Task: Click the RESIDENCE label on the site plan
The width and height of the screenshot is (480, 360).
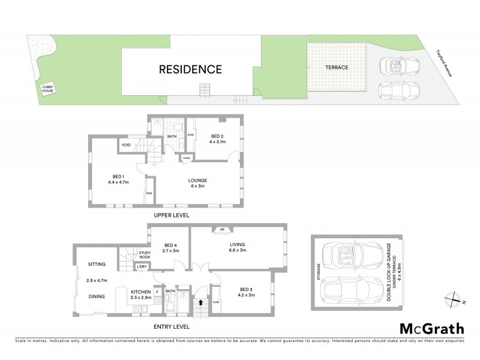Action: pyautogui.click(x=190, y=69)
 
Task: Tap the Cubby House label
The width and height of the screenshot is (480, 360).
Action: pyautogui.click(x=47, y=89)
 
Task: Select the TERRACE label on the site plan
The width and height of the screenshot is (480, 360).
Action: pyautogui.click(x=337, y=68)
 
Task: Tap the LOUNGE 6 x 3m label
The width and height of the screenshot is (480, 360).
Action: pyautogui.click(x=197, y=183)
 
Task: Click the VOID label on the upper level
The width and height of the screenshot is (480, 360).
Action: pyautogui.click(x=126, y=145)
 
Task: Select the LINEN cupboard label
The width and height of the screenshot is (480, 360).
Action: pyautogui.click(x=187, y=158)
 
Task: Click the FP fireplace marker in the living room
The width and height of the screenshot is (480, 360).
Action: pyautogui.click(x=221, y=230)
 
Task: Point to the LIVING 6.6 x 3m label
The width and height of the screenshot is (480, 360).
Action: pyautogui.click(x=238, y=247)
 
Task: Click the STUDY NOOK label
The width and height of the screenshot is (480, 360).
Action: pyautogui.click(x=145, y=256)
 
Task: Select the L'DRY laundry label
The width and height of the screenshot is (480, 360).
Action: pyautogui.click(x=142, y=266)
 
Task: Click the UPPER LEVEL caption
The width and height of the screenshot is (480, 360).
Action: pyautogui.click(x=171, y=214)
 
